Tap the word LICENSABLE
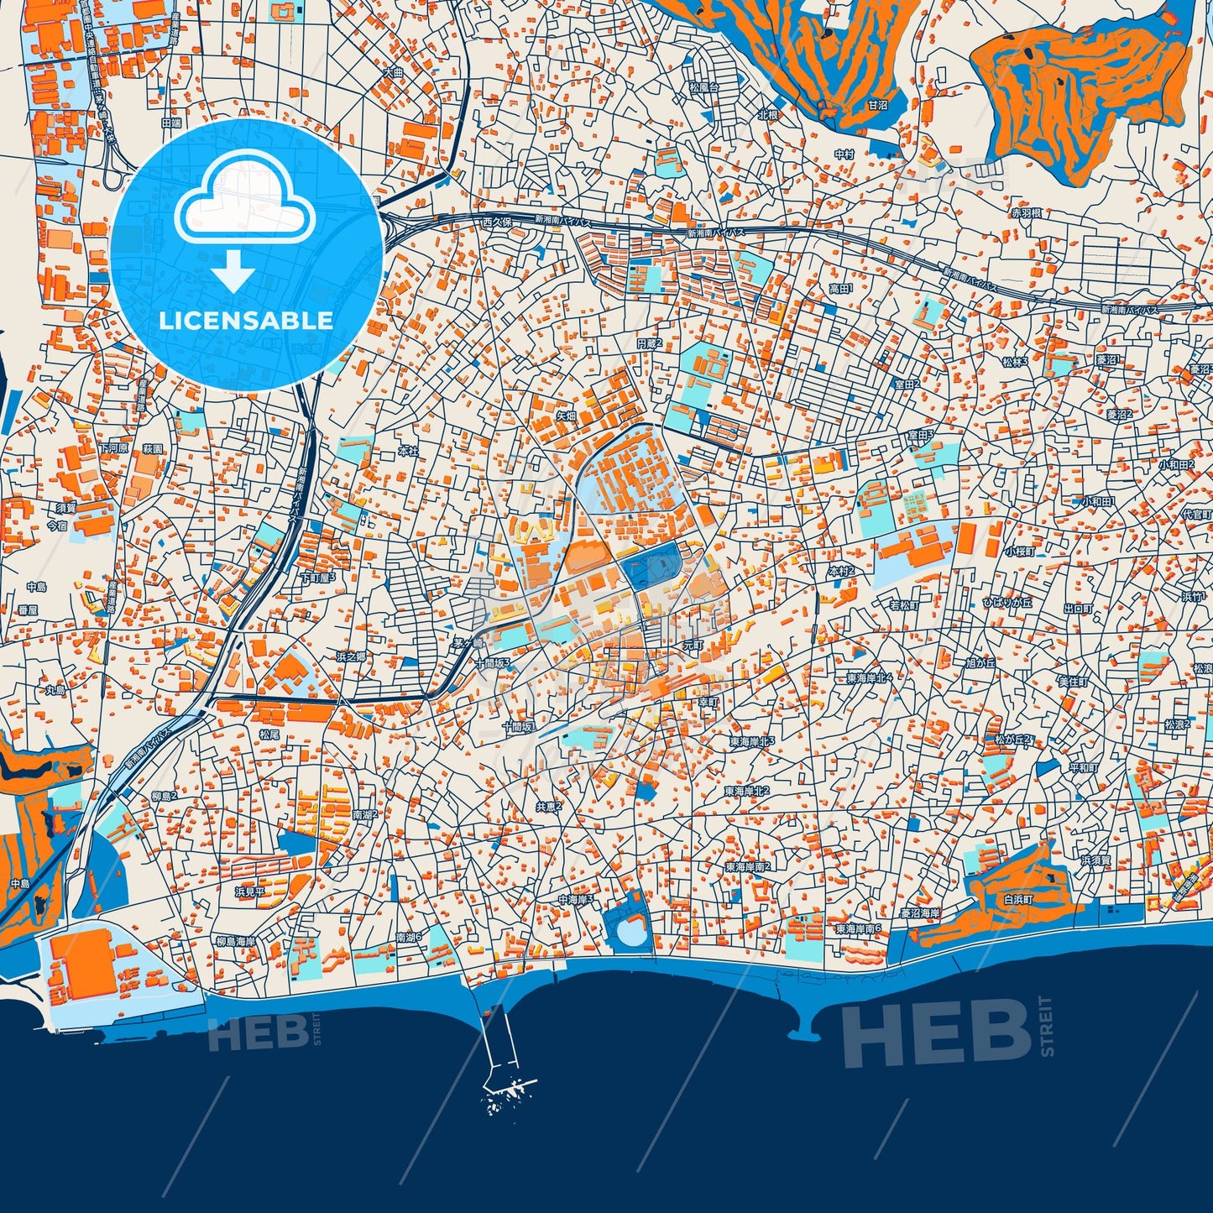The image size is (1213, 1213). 246,321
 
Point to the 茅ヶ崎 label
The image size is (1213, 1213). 467,643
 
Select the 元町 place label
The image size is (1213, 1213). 693,646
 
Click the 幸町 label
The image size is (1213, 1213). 708,701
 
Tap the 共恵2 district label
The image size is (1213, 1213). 548,807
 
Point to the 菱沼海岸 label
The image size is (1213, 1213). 919,912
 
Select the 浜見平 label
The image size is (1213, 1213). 249,892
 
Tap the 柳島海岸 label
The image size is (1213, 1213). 236,941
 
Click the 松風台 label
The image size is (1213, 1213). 704,87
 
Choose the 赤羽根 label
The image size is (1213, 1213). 1026,213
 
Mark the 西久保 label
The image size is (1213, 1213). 497,222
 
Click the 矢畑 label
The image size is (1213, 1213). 567,416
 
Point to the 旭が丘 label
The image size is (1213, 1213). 980,662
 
